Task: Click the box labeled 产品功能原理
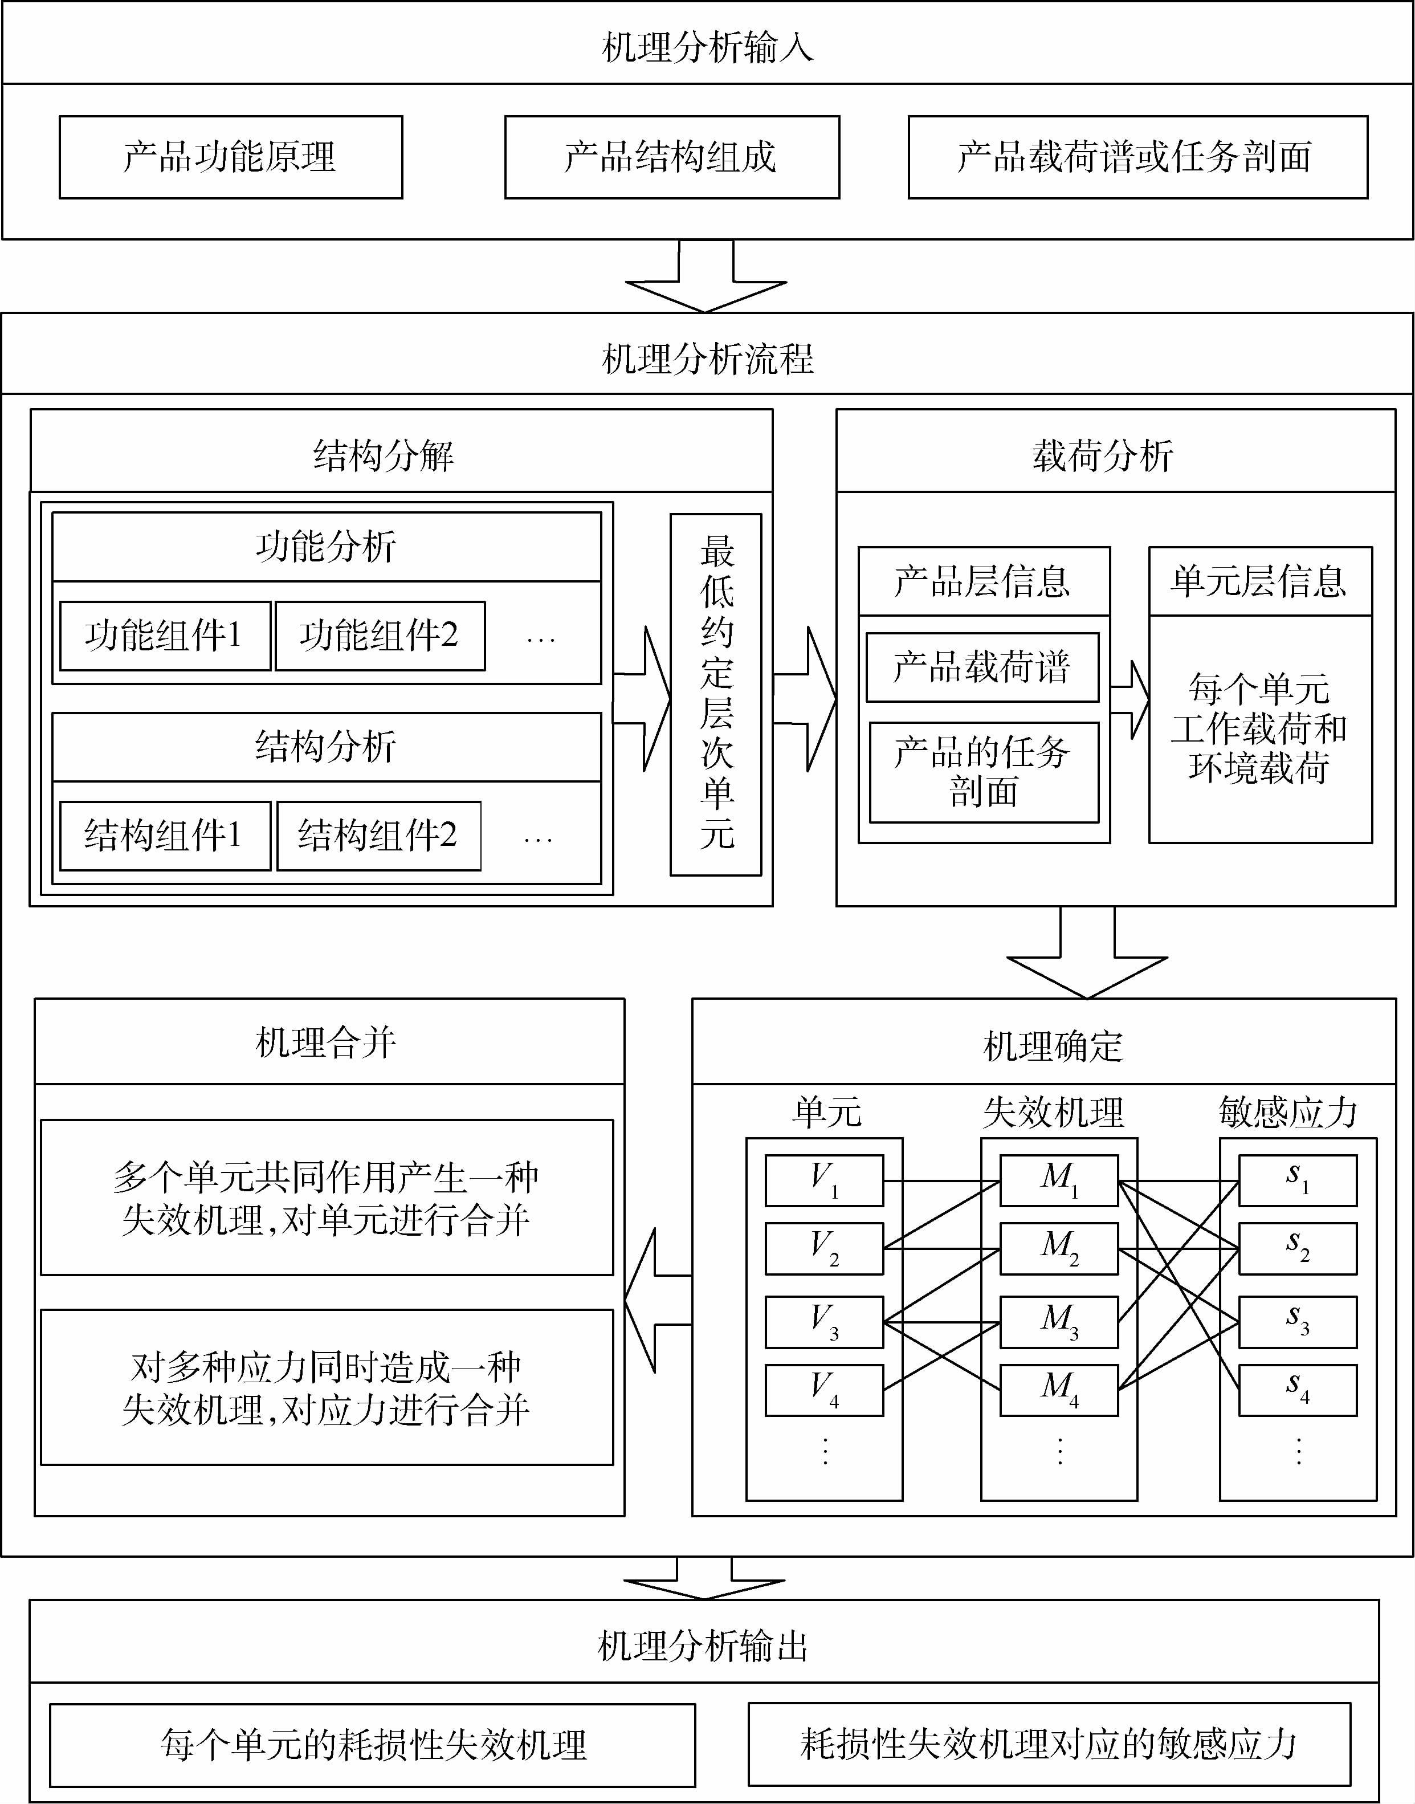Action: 230,157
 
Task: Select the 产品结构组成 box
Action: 671,157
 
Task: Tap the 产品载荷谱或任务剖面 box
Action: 1137,157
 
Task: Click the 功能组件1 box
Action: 165,636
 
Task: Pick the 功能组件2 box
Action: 380,636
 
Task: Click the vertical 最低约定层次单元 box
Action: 715,694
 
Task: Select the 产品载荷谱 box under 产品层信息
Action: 982,667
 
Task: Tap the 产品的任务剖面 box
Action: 984,772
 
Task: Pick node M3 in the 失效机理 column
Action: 1059,1322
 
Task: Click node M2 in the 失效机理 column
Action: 1059,1249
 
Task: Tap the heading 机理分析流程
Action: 708,359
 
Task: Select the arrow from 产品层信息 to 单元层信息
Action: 1129,699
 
